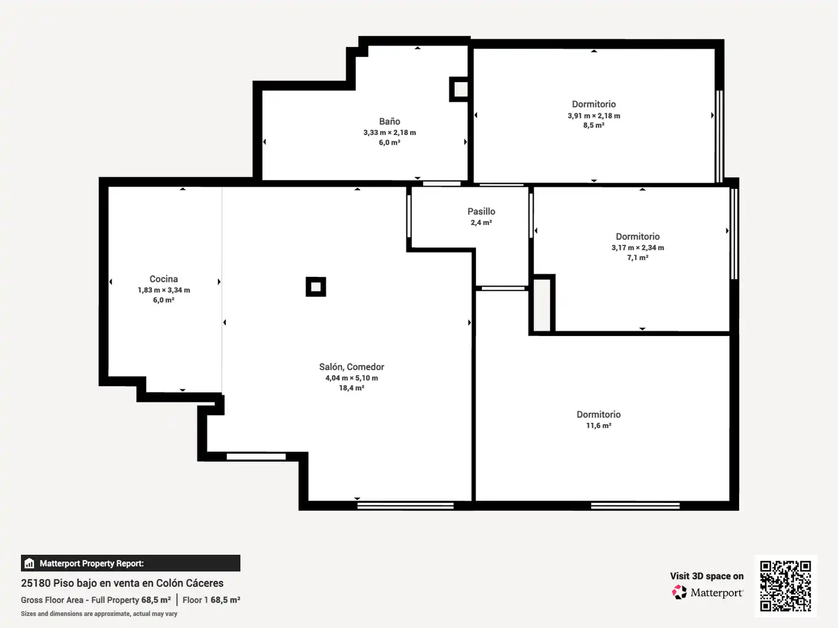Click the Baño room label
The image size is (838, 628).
pyautogui.click(x=389, y=122)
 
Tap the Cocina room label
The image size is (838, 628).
pyautogui.click(x=164, y=279)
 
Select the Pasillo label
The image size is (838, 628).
pyautogui.click(x=481, y=211)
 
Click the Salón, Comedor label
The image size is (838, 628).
pyautogui.click(x=351, y=367)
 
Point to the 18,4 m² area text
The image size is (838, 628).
pyautogui.click(x=351, y=388)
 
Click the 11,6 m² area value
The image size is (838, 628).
pyautogui.click(x=598, y=425)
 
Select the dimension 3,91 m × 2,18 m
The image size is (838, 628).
pyautogui.click(x=594, y=116)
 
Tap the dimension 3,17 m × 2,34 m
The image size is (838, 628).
pyautogui.click(x=638, y=248)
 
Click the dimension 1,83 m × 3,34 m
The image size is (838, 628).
pyautogui.click(x=164, y=290)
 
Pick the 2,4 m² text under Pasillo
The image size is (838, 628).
pyautogui.click(x=481, y=222)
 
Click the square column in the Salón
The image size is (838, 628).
pyautogui.click(x=316, y=287)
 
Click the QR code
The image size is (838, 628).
pyautogui.click(x=785, y=586)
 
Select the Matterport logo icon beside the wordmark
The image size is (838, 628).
pyautogui.click(x=679, y=592)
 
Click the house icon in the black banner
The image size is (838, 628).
pyautogui.click(x=30, y=563)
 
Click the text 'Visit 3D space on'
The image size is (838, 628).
pyautogui.click(x=706, y=576)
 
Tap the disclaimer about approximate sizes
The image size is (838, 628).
pyautogui.click(x=99, y=613)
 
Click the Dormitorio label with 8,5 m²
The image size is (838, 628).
pyautogui.click(x=594, y=104)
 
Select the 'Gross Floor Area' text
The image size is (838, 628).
pyautogui.click(x=52, y=600)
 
